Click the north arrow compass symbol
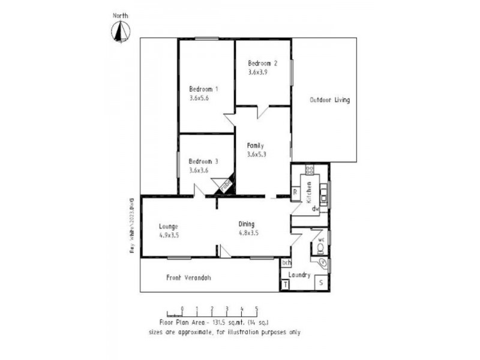pyautogui.click(x=122, y=32)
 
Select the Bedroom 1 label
pyautogui.click(x=203, y=89)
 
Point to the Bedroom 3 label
pyautogui.click(x=203, y=161)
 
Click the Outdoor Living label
pyautogui.click(x=329, y=100)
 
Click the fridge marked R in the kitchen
pyautogui.click(x=295, y=192)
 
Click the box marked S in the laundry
pyautogui.click(x=321, y=282)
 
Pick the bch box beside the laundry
pyautogui.click(x=286, y=262)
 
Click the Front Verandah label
pyautogui.click(x=188, y=277)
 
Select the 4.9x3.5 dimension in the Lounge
pyautogui.click(x=169, y=235)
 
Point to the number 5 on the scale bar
pyautogui.click(x=257, y=309)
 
